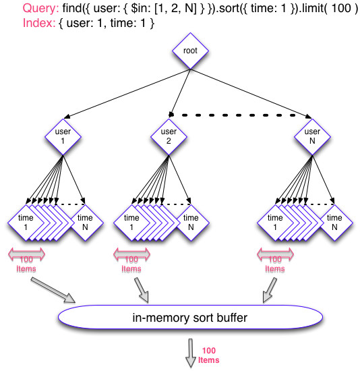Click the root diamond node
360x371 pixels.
[x=190, y=51]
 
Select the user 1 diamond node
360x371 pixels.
[x=63, y=137]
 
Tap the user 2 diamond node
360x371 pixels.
[x=169, y=137]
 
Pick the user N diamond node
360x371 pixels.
[x=312, y=137]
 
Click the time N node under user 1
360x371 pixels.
[x=85, y=223]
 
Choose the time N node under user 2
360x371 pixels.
[x=191, y=223]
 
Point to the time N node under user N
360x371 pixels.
[x=334, y=223]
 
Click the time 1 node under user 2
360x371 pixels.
[x=131, y=223]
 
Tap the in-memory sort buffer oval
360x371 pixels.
[x=190, y=317]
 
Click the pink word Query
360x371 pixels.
[x=40, y=8]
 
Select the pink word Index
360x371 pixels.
[x=39, y=23]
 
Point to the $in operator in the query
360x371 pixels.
[x=141, y=8]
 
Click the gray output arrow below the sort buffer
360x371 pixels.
[x=191, y=353]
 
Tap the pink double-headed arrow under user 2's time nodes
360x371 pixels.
[x=131, y=254]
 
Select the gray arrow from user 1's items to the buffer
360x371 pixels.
[x=53, y=290]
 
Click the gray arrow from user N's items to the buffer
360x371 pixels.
[x=270, y=290]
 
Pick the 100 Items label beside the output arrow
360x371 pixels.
[x=208, y=355]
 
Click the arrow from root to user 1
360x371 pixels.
[x=127, y=94]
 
